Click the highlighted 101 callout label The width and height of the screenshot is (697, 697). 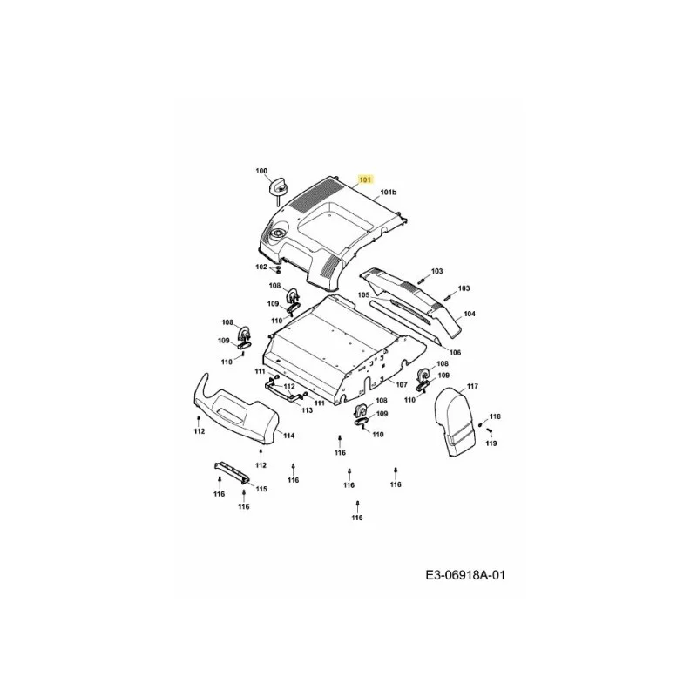click(364, 180)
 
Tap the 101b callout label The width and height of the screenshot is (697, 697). click(388, 192)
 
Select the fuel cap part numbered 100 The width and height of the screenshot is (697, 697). click(278, 188)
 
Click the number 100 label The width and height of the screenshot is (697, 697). click(261, 171)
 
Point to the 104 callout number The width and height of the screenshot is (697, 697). click(470, 314)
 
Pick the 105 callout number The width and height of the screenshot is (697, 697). click(363, 295)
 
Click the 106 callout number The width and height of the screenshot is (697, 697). click(455, 353)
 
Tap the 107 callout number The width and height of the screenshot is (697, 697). click(402, 384)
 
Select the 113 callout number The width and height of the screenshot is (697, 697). click(307, 410)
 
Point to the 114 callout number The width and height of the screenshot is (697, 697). click(289, 436)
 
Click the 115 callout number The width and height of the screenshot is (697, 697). click(261, 489)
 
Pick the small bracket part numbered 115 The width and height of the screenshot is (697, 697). click(231, 471)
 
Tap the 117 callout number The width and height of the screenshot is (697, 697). click(472, 386)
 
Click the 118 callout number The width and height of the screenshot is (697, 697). click(495, 416)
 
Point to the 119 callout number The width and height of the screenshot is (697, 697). click(491, 443)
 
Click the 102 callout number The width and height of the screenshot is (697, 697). click(261, 267)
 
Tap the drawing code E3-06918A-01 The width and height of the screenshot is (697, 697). click(465, 575)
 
